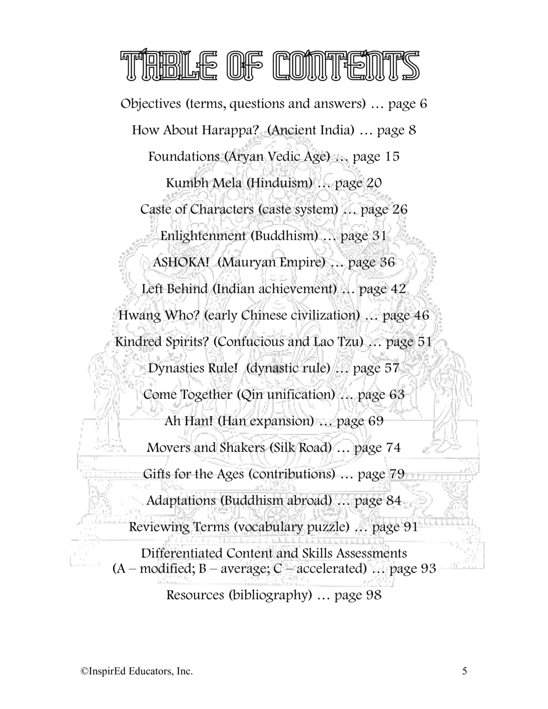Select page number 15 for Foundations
tap(391, 156)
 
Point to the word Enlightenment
tap(204, 236)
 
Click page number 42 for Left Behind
tap(397, 289)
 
